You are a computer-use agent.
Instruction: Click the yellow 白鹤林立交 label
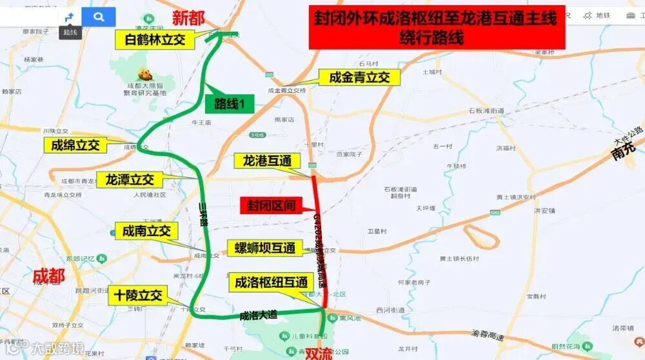tap(155, 40)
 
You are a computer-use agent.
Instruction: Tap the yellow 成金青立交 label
tap(359, 77)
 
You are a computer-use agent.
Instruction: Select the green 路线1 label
tap(230, 104)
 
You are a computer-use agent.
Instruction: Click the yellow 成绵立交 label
tap(75, 145)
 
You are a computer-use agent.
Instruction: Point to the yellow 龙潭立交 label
tap(130, 179)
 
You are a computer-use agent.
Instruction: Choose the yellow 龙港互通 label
tap(267, 160)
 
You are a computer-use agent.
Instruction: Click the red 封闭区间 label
tap(272, 206)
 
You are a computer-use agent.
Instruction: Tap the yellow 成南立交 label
tap(146, 230)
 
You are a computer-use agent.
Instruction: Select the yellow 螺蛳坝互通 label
tap(264, 248)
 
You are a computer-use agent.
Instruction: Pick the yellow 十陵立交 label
tap(139, 296)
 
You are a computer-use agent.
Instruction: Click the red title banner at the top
tap(437, 28)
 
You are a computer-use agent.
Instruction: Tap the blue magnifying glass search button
tap(99, 17)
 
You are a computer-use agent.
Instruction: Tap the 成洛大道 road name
tap(258, 315)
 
